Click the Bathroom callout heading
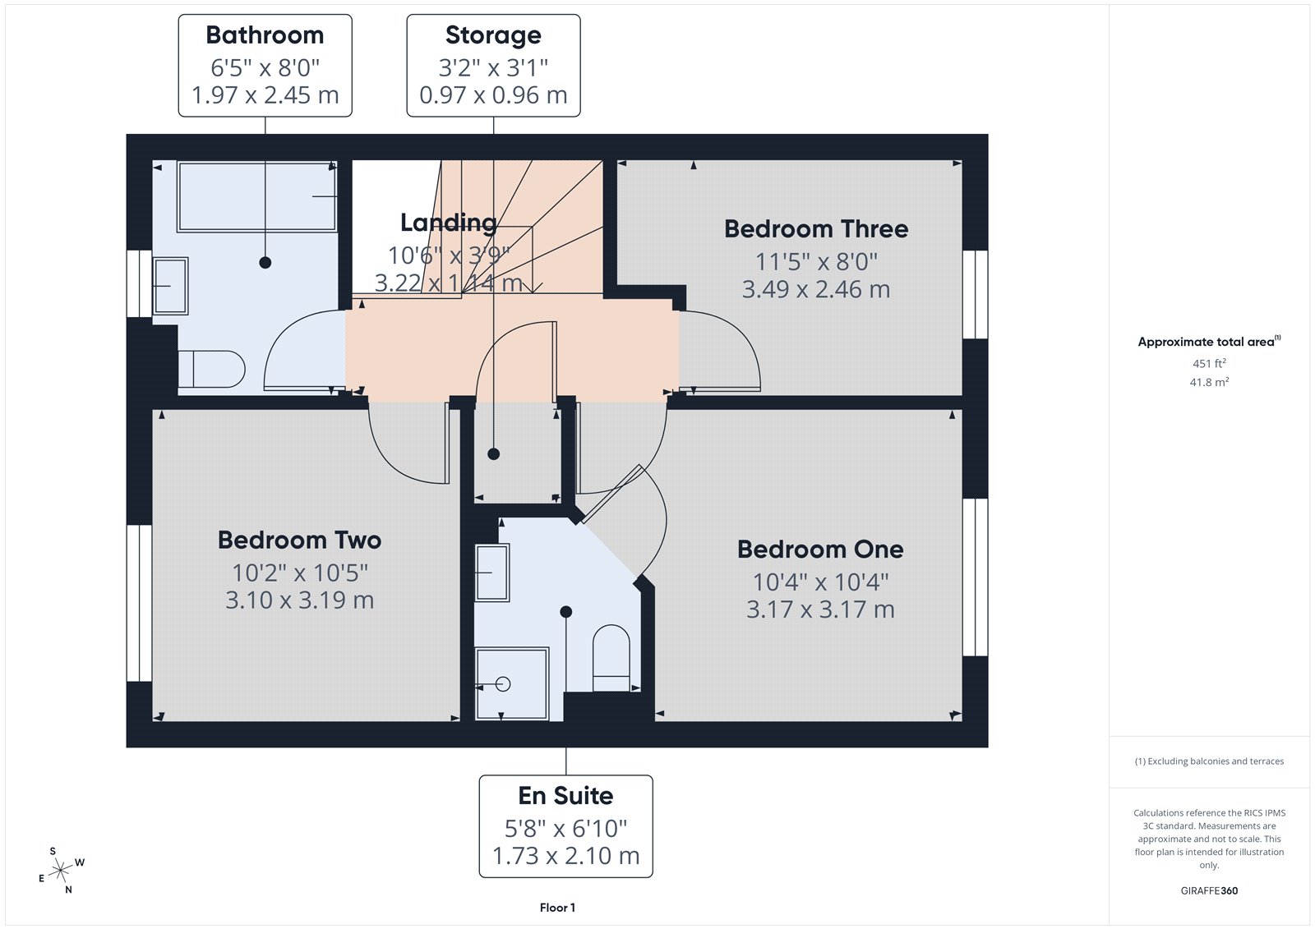[x=265, y=35]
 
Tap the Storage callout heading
[x=493, y=35]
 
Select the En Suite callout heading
[x=565, y=795]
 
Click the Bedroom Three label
[x=816, y=229]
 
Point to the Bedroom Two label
[x=299, y=540]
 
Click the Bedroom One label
[x=820, y=549]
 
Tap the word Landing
[x=449, y=223]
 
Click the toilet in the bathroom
[x=212, y=369]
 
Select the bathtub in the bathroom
[x=257, y=196]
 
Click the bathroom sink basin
[x=170, y=285]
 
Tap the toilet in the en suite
[x=611, y=657]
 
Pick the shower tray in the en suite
[x=512, y=683]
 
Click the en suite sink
[x=491, y=572]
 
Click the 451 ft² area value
[x=1209, y=363]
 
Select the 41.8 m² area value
[x=1209, y=382]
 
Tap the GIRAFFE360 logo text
[x=1209, y=890]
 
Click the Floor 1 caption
[x=557, y=908]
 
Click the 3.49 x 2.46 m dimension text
[x=816, y=290]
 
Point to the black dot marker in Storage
[x=493, y=453]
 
